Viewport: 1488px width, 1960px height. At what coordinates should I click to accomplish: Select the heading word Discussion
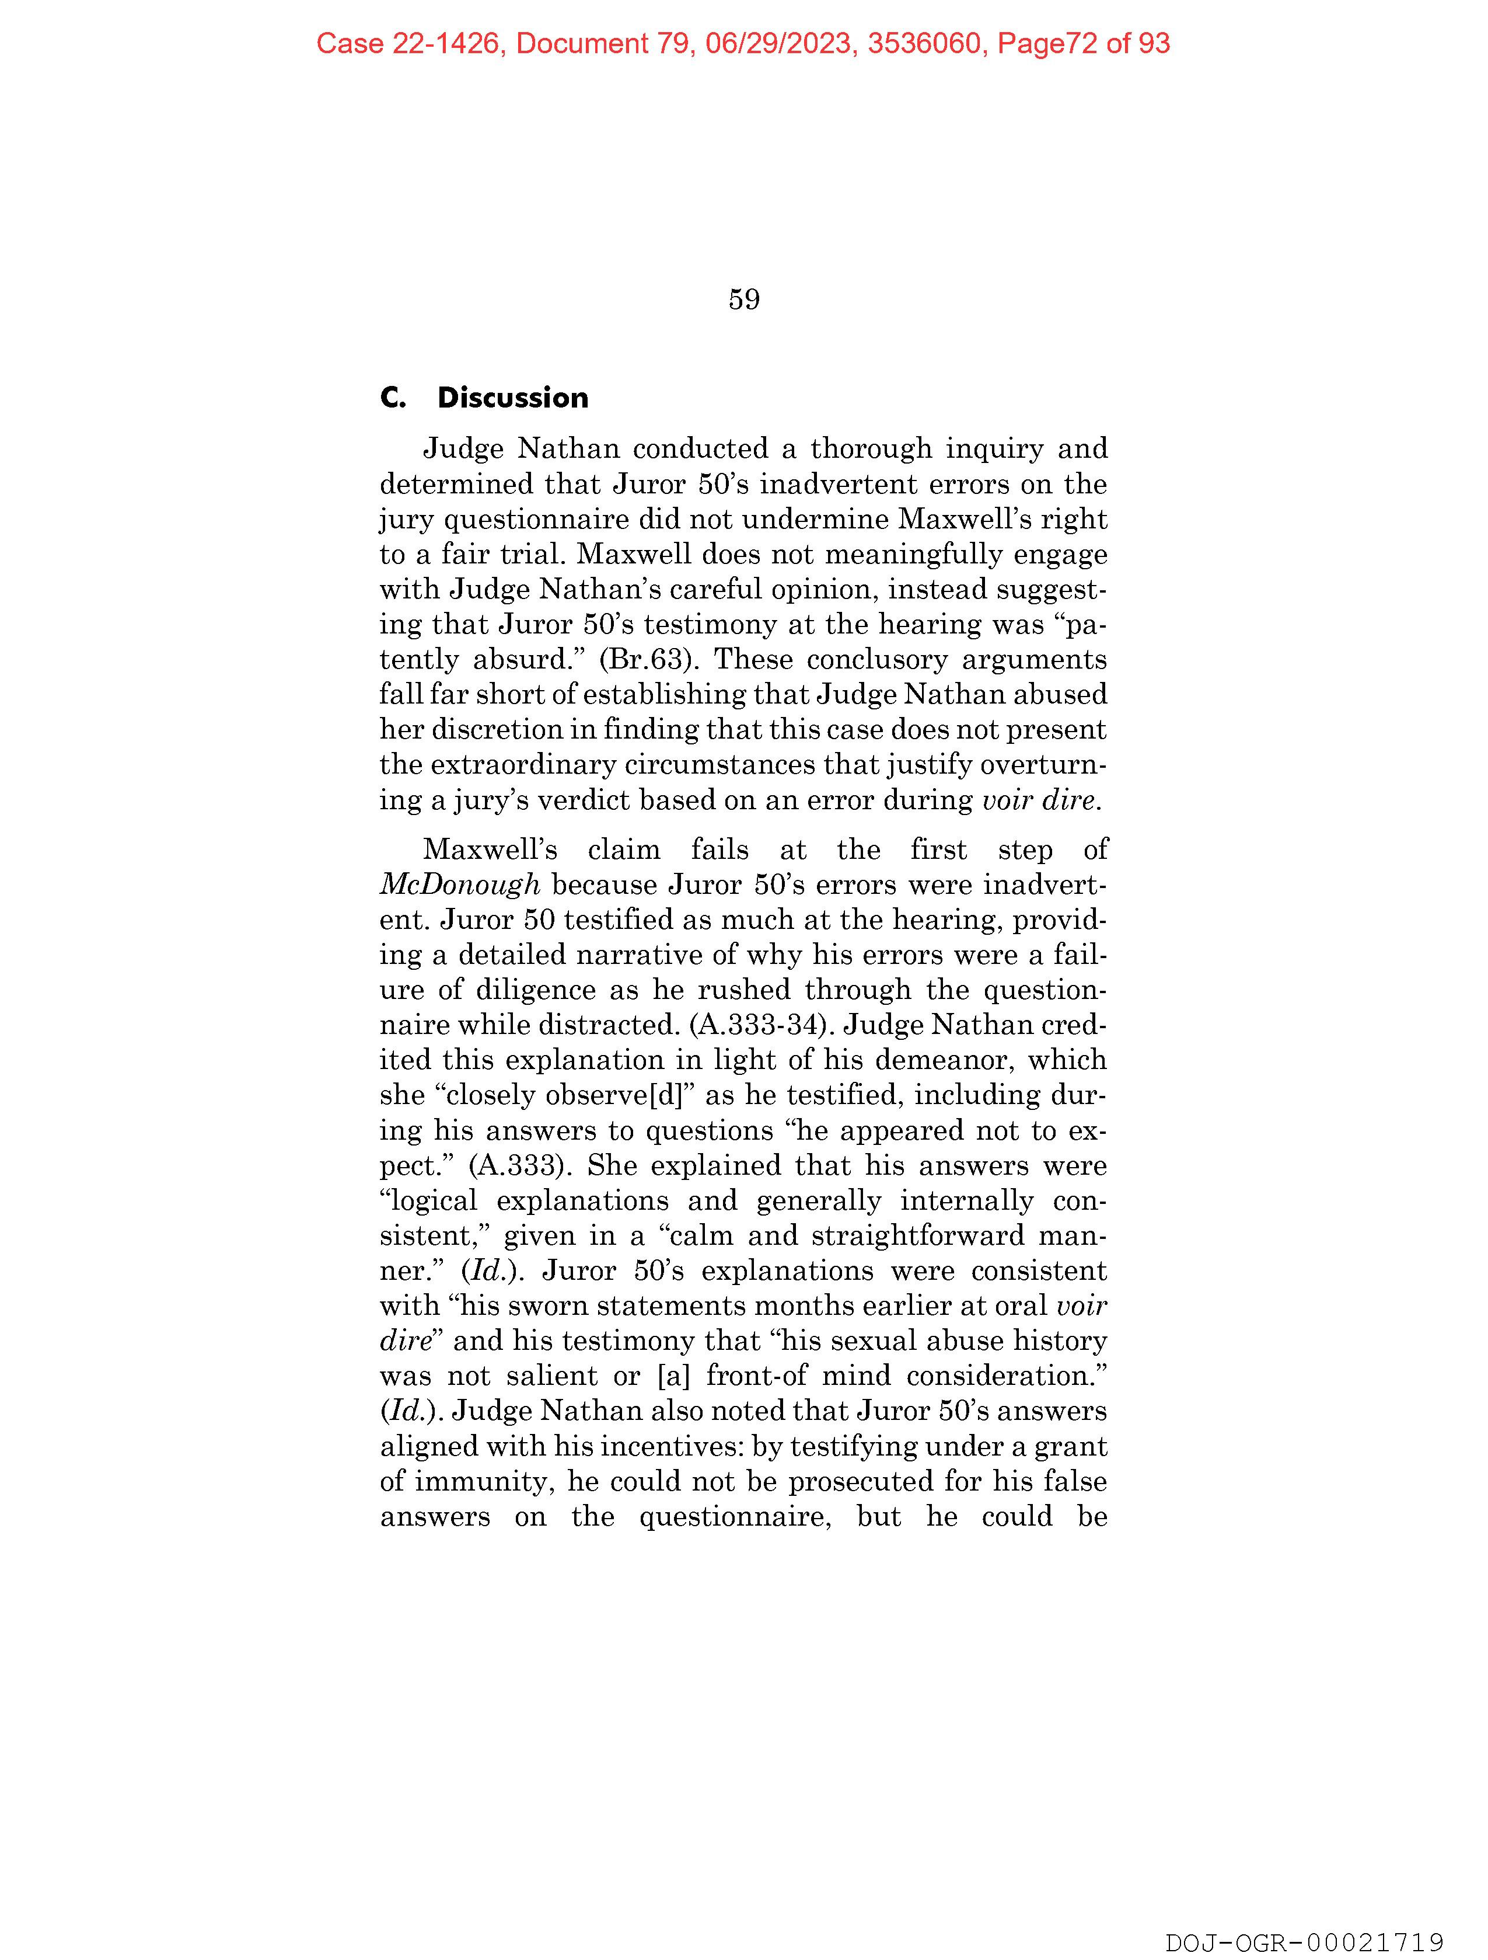[x=513, y=398]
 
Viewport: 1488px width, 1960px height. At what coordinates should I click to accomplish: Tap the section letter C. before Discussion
[x=392, y=398]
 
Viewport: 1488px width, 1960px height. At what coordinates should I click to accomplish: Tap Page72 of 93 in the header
[x=1083, y=43]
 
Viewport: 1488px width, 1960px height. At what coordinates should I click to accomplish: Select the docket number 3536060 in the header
[x=925, y=43]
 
